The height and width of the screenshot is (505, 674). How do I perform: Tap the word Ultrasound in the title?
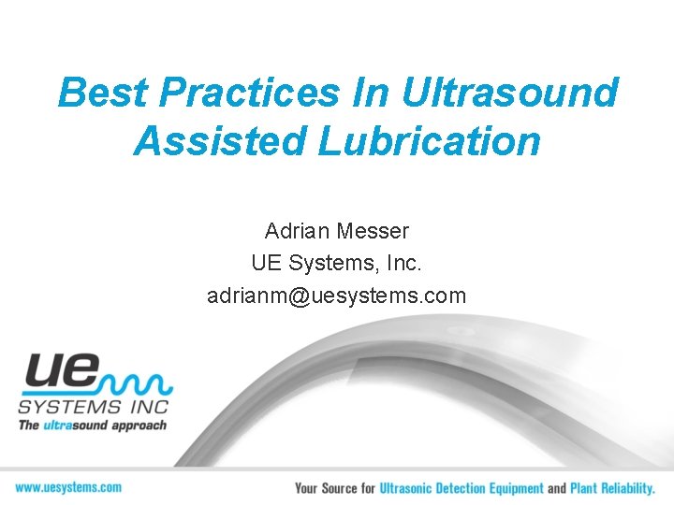[x=511, y=94]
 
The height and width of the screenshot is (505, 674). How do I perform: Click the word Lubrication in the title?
[x=430, y=141]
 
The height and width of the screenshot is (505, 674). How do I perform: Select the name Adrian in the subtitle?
[x=295, y=230]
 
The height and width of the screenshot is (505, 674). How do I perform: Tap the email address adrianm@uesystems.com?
[x=336, y=296]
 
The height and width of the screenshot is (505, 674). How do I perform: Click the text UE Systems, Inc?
[x=336, y=264]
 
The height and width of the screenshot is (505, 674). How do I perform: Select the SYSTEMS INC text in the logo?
[x=93, y=407]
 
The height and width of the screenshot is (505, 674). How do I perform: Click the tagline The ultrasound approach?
[x=93, y=426]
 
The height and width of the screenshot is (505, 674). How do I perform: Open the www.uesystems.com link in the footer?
[x=68, y=487]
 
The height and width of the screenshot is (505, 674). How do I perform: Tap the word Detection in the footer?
[x=480, y=488]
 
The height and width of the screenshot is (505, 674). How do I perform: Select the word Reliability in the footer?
[x=626, y=488]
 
